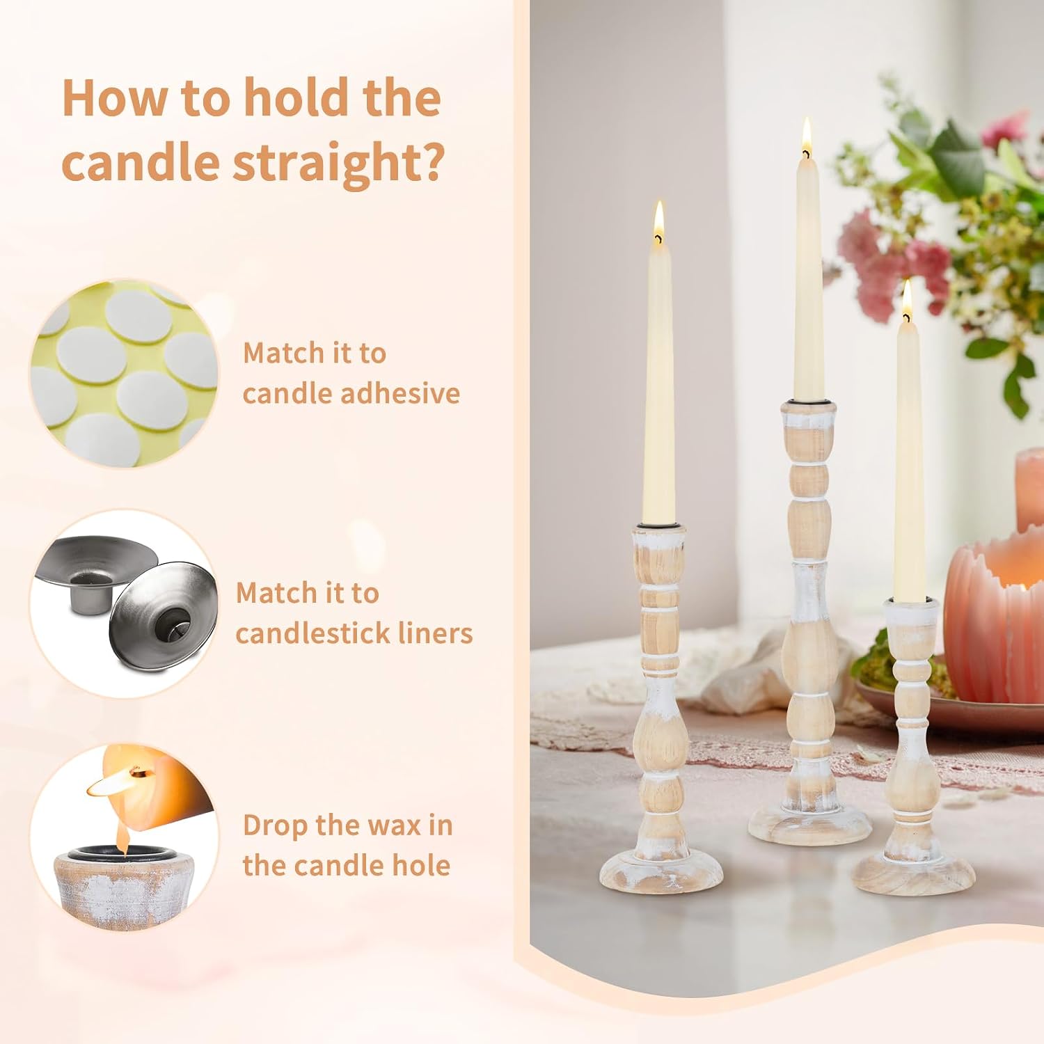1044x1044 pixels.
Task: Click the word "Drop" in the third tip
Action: point(275,827)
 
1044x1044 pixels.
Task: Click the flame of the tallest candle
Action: point(807,136)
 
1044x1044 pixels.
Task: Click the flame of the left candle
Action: point(658,222)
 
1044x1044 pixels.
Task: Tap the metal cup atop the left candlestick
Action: point(658,523)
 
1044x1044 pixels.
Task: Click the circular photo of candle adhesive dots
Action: point(124,374)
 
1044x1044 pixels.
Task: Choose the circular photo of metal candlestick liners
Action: point(124,603)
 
